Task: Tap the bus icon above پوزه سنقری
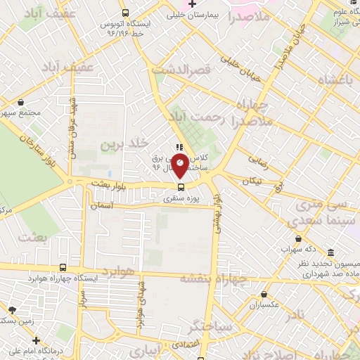[181, 187]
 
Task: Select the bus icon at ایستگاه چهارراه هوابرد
[64, 267]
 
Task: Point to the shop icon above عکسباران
[264, 295]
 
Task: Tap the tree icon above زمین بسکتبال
[11, 309]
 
